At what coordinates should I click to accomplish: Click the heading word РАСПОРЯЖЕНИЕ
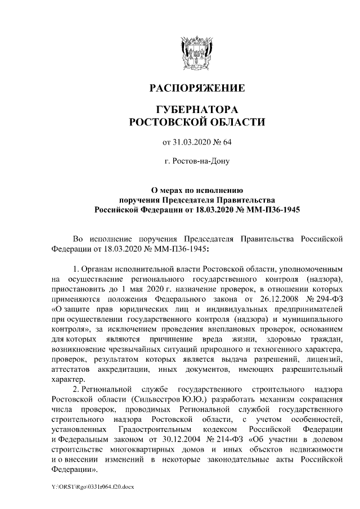pyautogui.click(x=196, y=88)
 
